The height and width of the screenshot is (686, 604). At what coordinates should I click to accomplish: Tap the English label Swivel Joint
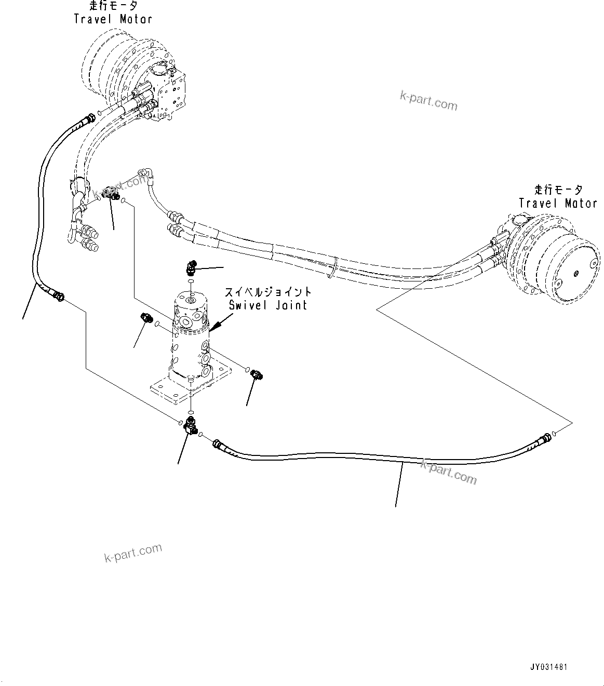268,305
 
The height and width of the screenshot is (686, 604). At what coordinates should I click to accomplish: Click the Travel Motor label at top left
113,19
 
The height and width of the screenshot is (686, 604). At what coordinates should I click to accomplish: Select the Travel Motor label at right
558,204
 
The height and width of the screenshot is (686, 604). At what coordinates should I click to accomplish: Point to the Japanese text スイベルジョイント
268,292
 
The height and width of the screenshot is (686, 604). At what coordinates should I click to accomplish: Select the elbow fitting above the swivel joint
191,267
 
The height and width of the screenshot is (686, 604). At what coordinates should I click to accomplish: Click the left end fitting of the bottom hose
219,445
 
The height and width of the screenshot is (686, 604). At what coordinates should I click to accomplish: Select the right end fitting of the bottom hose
543,438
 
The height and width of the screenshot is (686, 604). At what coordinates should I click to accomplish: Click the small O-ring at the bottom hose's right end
555,433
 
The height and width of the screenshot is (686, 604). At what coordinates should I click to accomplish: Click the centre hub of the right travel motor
576,273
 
